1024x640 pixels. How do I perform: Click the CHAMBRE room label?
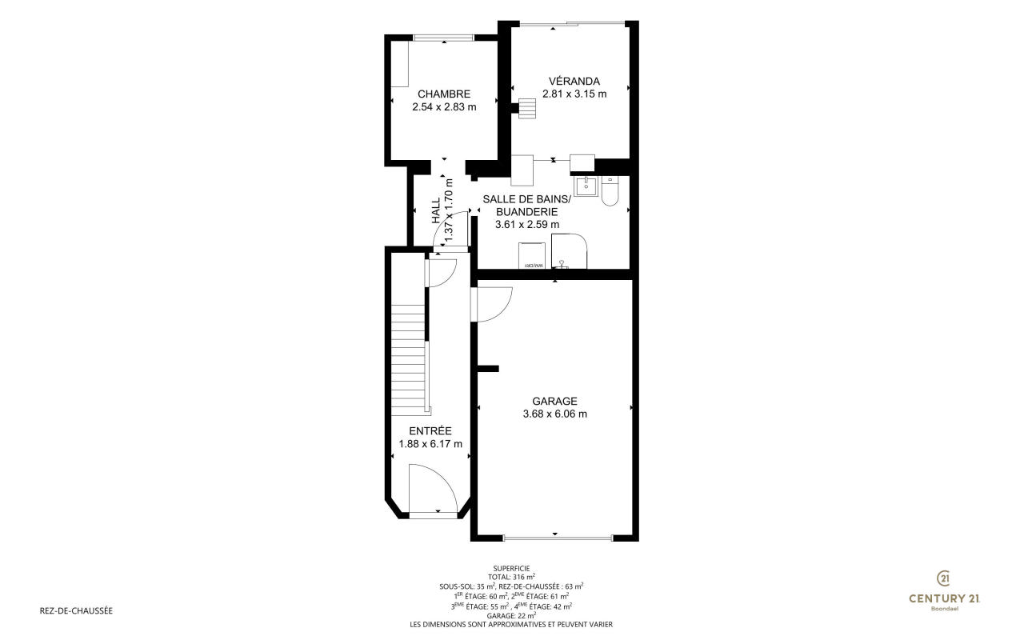444,94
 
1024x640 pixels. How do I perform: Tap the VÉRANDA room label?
574,82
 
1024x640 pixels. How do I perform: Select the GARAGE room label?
554,402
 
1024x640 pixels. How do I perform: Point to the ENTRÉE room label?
430,431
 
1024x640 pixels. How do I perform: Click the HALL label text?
436,210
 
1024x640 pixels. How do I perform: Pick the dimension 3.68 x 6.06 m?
555,414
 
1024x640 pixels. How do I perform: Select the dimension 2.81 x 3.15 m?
574,94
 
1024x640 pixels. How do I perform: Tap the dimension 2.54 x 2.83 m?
444,107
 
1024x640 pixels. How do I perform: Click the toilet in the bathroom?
610,190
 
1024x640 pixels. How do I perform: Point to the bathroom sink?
586,186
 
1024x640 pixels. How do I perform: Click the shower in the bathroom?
569,251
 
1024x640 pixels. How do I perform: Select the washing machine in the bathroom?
532,255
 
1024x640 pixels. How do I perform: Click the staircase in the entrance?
408,360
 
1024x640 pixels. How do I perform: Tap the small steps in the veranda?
526,108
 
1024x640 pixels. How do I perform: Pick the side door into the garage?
491,304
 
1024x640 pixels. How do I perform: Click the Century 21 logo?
944,590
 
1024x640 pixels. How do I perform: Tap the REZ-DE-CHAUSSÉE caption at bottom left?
76,610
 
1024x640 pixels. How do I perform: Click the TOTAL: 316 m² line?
511,578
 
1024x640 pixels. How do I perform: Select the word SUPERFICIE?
511,569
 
